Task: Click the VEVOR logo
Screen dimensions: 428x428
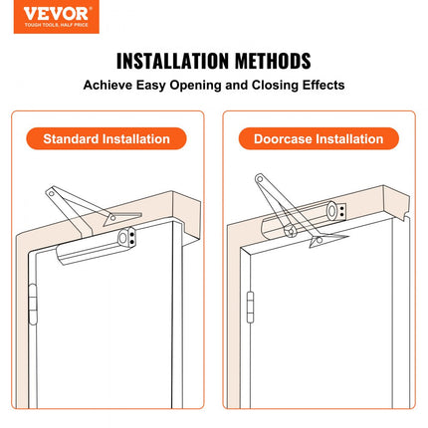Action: [x=57, y=17]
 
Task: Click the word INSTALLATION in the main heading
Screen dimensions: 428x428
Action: [x=172, y=61]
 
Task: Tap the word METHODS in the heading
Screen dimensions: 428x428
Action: [x=273, y=61]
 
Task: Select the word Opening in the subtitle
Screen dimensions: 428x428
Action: [x=195, y=86]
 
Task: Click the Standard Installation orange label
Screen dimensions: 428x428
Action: [x=107, y=138]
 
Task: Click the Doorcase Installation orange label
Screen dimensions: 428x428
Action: [x=319, y=138]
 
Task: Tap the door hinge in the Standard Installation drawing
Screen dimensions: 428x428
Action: [x=32, y=305]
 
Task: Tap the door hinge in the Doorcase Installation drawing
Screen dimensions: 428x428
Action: [x=250, y=307]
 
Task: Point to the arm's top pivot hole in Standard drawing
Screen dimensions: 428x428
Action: [x=52, y=193]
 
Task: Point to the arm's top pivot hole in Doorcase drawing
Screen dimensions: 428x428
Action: [x=261, y=179]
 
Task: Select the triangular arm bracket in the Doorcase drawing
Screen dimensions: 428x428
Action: [x=326, y=240]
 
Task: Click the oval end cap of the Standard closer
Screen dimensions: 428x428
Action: [x=122, y=238]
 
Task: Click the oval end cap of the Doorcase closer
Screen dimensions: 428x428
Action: [x=331, y=211]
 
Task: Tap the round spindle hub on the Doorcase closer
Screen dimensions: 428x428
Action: [x=291, y=231]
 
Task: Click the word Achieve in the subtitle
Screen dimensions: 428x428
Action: [x=107, y=85]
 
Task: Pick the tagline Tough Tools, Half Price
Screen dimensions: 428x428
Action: [x=56, y=25]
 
